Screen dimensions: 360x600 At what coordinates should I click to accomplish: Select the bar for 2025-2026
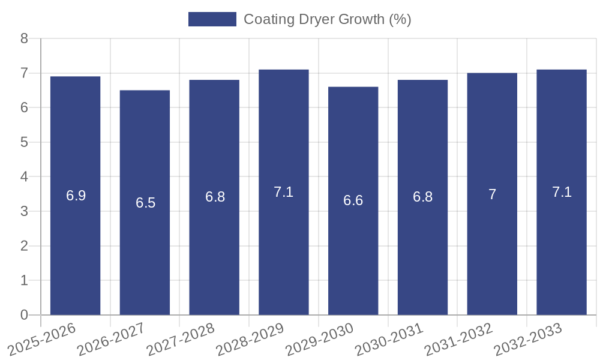[75, 196]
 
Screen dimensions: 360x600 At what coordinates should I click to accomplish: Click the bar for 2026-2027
[145, 202]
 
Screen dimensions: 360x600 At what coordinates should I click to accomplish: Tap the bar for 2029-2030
[353, 200]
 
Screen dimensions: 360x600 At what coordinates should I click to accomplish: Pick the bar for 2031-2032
[492, 194]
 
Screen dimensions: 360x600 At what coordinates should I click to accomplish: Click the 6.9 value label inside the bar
[76, 196]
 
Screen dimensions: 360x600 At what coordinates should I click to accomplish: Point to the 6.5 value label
[145, 203]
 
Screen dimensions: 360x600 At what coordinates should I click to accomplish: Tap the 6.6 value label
[353, 200]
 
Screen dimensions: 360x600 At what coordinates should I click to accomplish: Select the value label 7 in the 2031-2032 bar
[492, 194]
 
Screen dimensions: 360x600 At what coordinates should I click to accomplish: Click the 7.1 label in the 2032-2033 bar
[562, 192]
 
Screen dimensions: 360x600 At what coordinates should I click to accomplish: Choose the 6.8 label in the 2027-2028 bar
[215, 197]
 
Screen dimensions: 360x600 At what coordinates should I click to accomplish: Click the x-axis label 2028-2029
[250, 339]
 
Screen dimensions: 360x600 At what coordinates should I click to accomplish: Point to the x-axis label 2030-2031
[389, 339]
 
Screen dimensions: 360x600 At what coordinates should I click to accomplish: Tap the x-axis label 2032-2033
[529, 339]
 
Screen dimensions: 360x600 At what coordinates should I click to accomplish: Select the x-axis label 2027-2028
[181, 339]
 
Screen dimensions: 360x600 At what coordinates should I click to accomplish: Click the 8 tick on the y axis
[24, 38]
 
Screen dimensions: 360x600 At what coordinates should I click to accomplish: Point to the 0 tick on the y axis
[24, 315]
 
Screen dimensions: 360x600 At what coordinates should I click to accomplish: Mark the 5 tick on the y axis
[24, 142]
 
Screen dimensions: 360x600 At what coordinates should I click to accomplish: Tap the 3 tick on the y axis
[24, 211]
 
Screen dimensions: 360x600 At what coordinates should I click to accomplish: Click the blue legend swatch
[212, 19]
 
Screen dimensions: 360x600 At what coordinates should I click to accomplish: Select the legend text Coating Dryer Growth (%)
[327, 19]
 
